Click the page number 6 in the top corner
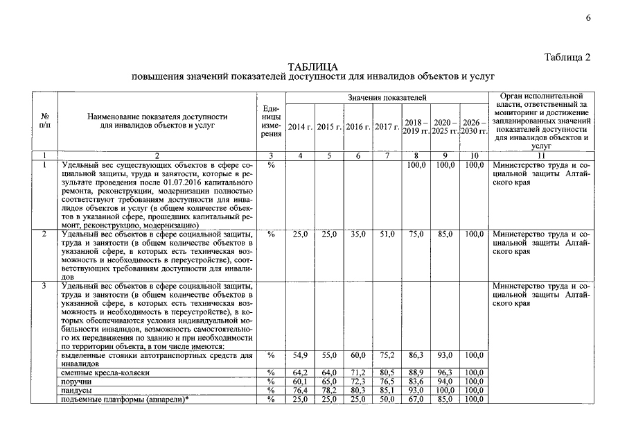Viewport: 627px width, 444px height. (588, 18)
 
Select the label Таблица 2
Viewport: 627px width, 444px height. (567, 58)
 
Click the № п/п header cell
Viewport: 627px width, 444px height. (45, 121)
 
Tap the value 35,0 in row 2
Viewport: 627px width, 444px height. (357, 234)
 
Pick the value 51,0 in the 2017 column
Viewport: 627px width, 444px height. (387, 234)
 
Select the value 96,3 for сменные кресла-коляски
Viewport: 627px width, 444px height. (444, 373)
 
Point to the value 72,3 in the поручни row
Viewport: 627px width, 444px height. (357, 382)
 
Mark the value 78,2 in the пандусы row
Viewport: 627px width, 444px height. (329, 391)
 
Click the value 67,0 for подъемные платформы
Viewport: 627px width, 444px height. (416, 400)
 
